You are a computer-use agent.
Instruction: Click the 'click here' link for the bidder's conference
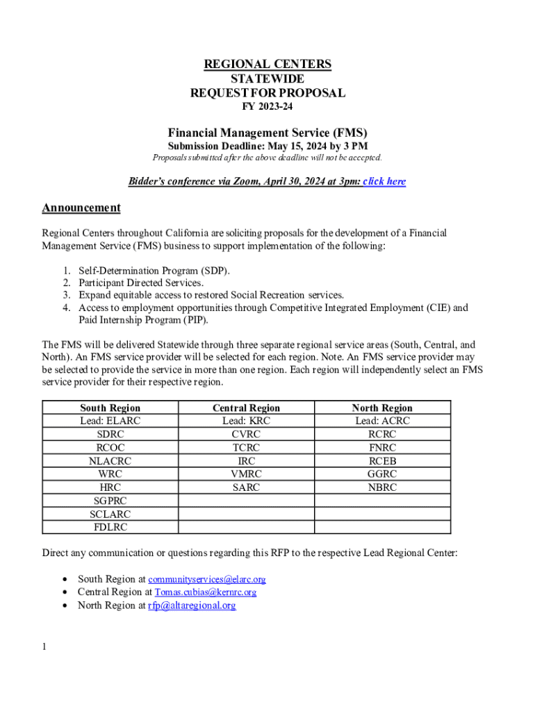[384, 182]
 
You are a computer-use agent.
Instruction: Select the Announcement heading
[81, 208]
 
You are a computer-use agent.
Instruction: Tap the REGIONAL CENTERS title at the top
[267, 65]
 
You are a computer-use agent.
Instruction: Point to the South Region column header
[110, 408]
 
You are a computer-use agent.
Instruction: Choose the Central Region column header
[246, 408]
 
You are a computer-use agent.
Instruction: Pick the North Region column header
[382, 408]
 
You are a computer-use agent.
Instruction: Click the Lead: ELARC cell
[110, 421]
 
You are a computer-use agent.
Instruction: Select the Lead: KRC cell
[246, 421]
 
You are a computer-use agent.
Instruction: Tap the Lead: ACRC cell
[382, 421]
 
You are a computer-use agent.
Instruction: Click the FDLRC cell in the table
[110, 527]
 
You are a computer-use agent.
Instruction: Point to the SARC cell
[246, 487]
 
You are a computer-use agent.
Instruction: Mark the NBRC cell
[382, 487]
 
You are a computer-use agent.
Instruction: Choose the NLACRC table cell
[110, 461]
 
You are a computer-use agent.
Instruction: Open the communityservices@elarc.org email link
[206, 579]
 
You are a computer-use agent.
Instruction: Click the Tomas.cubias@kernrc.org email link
[205, 592]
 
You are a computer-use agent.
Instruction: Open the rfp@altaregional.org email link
[192, 605]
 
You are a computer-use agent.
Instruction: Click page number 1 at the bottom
[44, 647]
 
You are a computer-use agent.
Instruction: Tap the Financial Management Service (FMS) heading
[267, 133]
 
